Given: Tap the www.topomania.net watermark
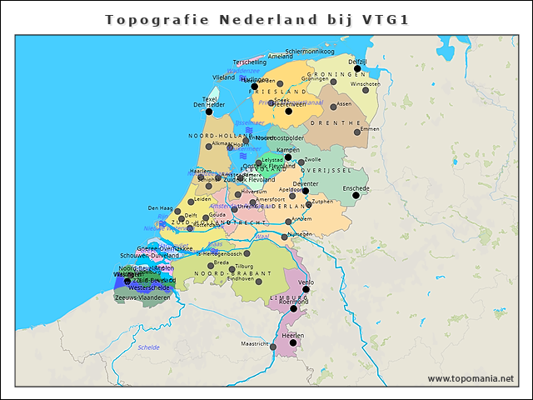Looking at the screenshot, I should [x=471, y=378].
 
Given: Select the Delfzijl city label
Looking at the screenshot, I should [x=357, y=62].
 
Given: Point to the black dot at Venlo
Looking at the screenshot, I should [x=306, y=289].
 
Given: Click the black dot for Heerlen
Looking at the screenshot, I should [x=292, y=342].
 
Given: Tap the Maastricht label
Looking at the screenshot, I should [x=255, y=343].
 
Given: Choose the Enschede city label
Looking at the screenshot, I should [x=356, y=188].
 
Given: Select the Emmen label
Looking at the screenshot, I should [x=369, y=129].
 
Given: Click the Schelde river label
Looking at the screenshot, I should [x=149, y=347].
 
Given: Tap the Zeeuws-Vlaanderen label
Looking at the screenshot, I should [x=142, y=297].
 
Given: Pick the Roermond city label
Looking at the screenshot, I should [x=293, y=302].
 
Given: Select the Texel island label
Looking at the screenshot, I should [x=210, y=99].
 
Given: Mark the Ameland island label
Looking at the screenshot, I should [x=280, y=57].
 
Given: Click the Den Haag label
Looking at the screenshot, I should [x=160, y=207].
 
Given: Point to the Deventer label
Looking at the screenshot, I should [x=306, y=183].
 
